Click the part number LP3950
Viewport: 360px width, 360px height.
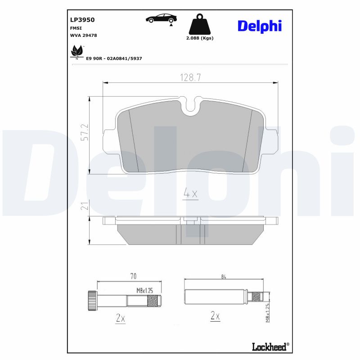82,20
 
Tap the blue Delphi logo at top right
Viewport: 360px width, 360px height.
259,26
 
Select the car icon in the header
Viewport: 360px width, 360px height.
161,18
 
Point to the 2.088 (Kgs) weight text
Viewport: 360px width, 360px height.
200,38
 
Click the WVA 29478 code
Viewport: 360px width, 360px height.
84,35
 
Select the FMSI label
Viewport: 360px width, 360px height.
76,28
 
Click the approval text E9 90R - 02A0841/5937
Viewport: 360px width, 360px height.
114,59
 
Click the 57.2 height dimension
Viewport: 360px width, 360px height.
84,133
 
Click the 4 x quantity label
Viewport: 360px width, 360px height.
190,194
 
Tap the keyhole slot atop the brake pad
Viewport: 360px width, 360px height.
191,106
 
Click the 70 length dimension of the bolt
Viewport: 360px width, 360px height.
133,276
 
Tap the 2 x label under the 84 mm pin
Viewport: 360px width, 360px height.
215,316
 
